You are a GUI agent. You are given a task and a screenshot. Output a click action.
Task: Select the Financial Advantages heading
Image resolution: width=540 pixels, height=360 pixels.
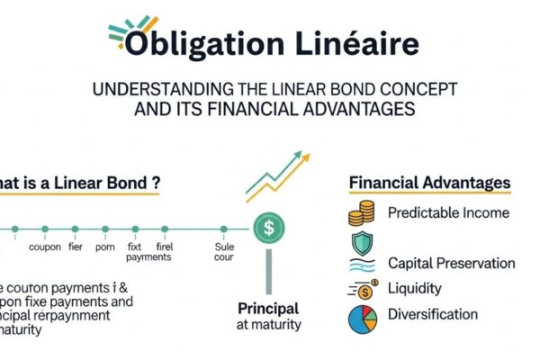pyautogui.click(x=429, y=183)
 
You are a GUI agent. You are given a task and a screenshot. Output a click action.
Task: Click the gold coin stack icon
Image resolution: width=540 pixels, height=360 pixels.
pyautogui.click(x=361, y=214)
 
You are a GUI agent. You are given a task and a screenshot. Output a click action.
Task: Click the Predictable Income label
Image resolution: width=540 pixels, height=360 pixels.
pyautogui.click(x=448, y=213)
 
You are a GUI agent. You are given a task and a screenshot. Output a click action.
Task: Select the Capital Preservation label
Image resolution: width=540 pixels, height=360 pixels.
pyautogui.click(x=451, y=264)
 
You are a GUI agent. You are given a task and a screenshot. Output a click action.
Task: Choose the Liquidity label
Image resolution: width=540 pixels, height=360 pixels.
pyautogui.click(x=416, y=289)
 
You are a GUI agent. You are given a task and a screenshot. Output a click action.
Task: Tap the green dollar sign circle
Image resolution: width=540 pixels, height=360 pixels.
pyautogui.click(x=267, y=229)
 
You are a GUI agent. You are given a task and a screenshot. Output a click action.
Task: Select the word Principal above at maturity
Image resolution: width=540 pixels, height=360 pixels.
pyautogui.click(x=268, y=307)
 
